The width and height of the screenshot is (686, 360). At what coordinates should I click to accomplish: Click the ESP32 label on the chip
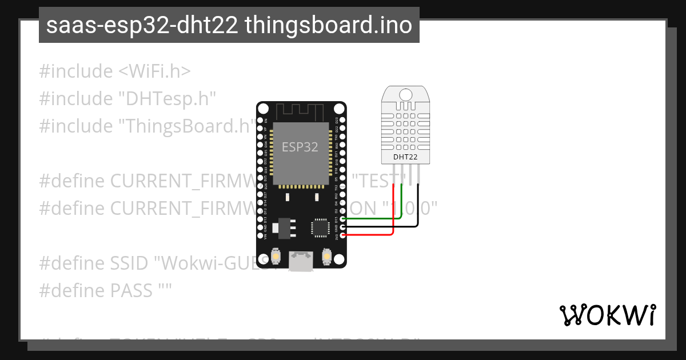click(x=300, y=147)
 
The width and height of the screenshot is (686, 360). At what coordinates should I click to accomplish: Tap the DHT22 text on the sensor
click(x=406, y=157)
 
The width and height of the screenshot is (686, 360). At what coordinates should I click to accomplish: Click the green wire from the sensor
click(x=377, y=218)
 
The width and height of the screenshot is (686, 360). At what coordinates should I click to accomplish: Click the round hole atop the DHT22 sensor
click(x=406, y=94)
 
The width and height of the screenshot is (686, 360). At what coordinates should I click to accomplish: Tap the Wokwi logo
click(x=607, y=315)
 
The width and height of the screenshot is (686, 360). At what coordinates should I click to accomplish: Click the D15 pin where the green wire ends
click(x=342, y=218)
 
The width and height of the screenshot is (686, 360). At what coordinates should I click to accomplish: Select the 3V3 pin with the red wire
click(x=342, y=234)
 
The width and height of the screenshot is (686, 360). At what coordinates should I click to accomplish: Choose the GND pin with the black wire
click(x=342, y=226)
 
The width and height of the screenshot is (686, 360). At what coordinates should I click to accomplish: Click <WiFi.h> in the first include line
click(x=154, y=71)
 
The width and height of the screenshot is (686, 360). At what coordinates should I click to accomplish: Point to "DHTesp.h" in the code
click(x=167, y=98)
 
